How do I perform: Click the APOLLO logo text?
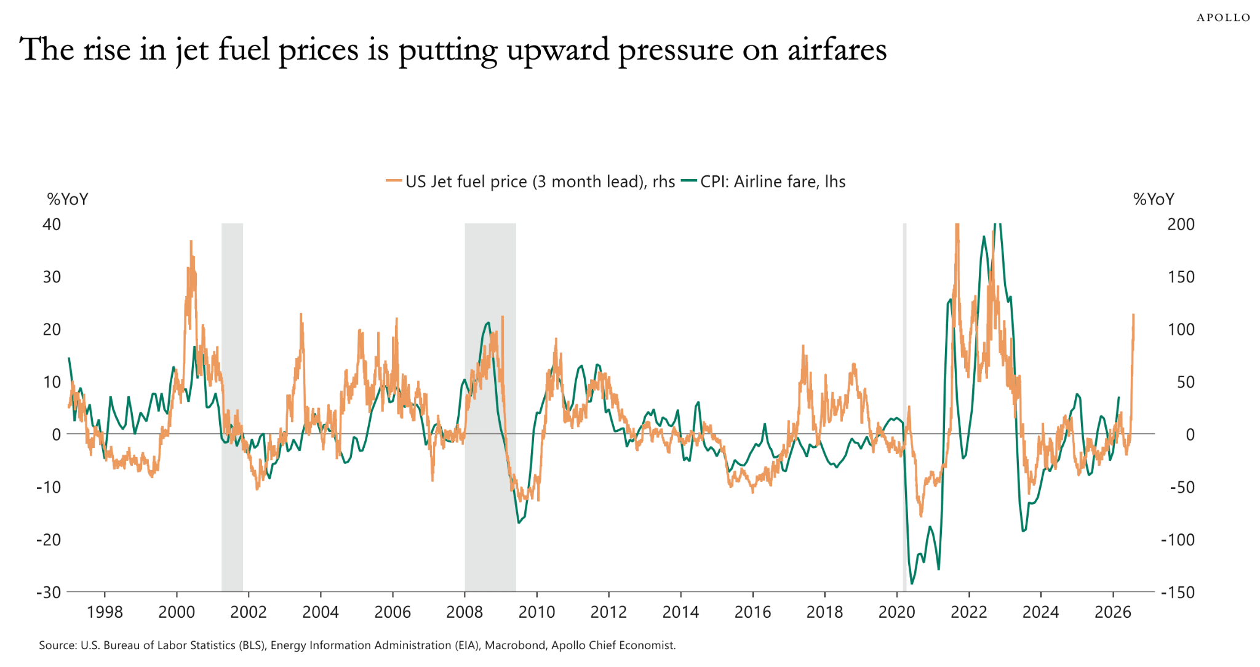coord(1223,18)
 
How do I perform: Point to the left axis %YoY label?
coord(68,199)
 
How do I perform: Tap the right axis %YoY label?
coord(1154,199)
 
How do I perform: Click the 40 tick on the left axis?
coord(52,224)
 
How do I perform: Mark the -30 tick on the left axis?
coord(49,592)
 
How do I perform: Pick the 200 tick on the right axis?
coord(1181,224)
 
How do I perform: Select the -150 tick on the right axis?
coord(1178,592)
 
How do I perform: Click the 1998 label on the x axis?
coord(105,612)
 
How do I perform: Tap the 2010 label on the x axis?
coord(536,612)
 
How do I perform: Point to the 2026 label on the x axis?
coord(1113,612)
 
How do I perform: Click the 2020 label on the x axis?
coord(896,612)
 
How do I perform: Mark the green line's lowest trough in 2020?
coord(912,583)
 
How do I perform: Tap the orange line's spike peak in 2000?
coord(191,241)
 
